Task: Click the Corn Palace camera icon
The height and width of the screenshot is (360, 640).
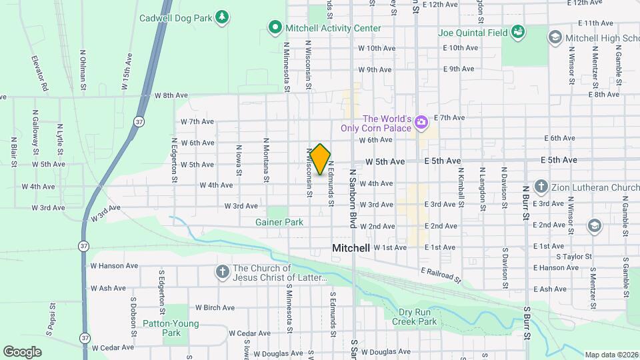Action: coord(421,122)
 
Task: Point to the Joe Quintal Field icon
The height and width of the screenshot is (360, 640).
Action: coord(517,32)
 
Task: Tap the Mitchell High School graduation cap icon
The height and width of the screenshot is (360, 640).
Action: coord(554,37)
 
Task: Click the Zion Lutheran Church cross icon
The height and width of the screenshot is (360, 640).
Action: coord(541,187)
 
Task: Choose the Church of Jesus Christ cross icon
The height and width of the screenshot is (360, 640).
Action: coord(222,272)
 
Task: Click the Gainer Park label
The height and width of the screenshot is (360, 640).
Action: coord(279,222)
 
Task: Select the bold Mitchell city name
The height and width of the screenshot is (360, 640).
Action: coord(351,248)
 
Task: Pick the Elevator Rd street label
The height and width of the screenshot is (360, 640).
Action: coord(40,73)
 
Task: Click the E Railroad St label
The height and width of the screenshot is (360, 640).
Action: coord(441,274)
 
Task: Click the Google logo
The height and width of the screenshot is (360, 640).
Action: coord(22,351)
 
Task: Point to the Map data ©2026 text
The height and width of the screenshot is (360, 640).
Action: coord(611,355)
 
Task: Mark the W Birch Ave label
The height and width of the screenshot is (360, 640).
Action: coord(215,307)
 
